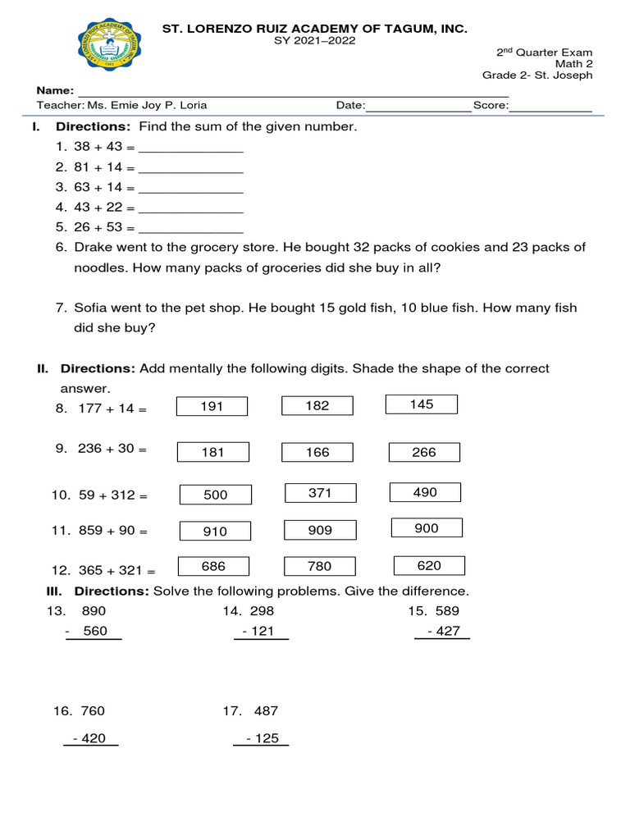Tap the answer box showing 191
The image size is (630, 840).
click(212, 406)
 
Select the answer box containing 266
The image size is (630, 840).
click(424, 452)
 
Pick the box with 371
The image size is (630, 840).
click(320, 492)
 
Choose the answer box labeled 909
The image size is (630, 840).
click(320, 530)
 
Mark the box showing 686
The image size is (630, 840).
click(213, 566)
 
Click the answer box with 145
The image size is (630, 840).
click(422, 404)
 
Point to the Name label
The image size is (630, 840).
click(55, 90)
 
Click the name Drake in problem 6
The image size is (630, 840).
click(92, 247)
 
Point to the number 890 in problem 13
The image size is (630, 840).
click(94, 611)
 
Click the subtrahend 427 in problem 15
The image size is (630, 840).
click(448, 631)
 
